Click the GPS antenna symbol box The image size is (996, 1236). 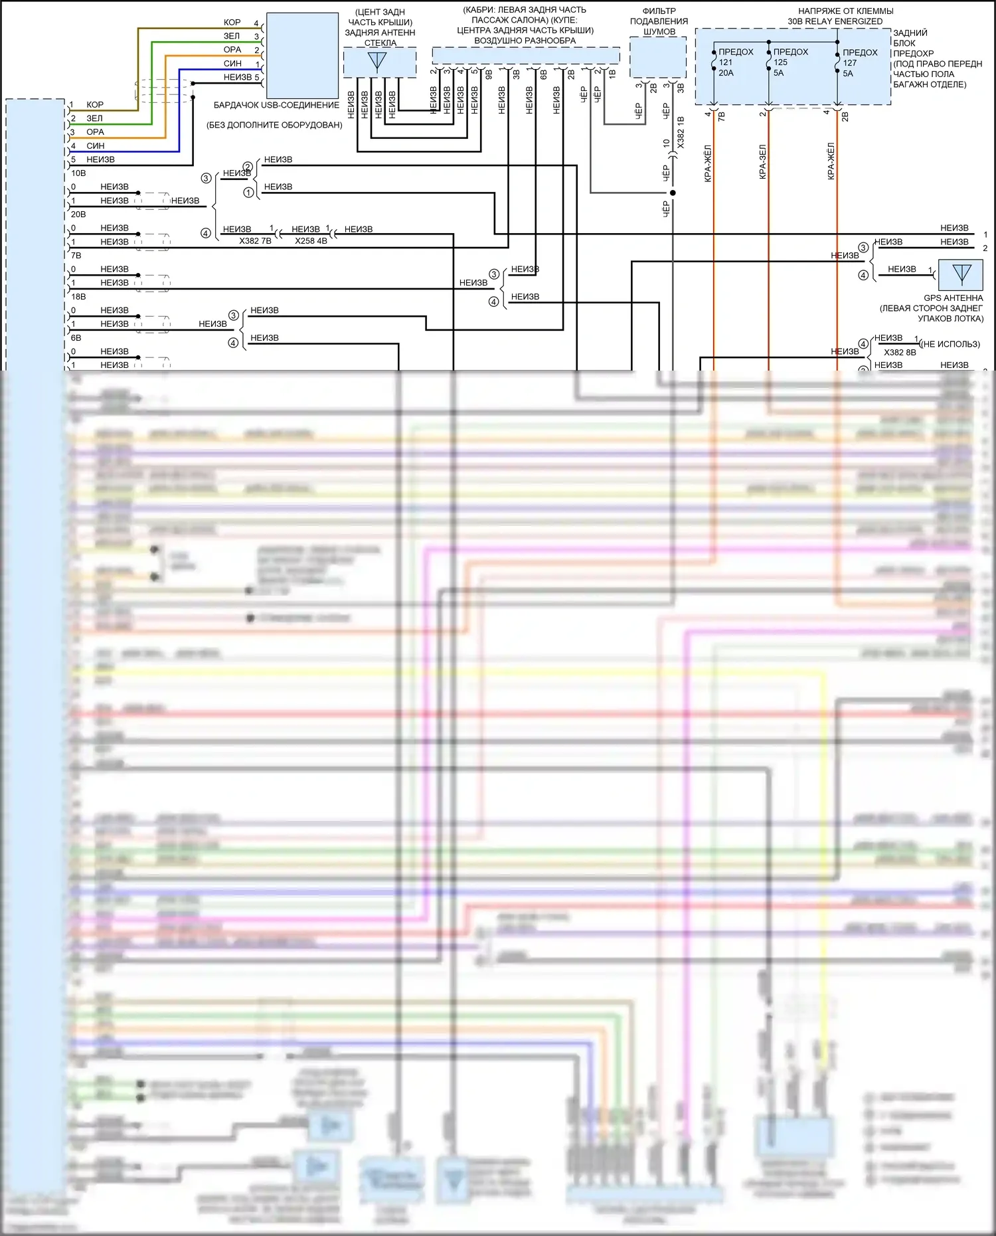961,274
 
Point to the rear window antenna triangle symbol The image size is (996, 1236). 377,62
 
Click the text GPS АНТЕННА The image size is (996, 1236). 953,298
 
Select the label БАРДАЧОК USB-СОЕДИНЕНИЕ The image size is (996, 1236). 276,105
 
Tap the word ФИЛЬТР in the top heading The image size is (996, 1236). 659,11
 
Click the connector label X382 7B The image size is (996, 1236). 255,241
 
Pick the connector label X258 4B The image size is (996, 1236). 311,241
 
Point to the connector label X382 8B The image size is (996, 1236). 900,353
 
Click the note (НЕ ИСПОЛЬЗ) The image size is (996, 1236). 950,344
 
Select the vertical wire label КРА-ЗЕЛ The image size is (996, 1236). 763,161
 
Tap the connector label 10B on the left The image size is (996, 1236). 78,173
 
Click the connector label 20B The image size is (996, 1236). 78,215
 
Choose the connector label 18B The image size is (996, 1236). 78,297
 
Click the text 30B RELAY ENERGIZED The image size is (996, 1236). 835,21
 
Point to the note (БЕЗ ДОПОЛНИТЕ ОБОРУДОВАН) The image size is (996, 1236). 274,125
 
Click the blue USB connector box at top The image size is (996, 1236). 302,56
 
